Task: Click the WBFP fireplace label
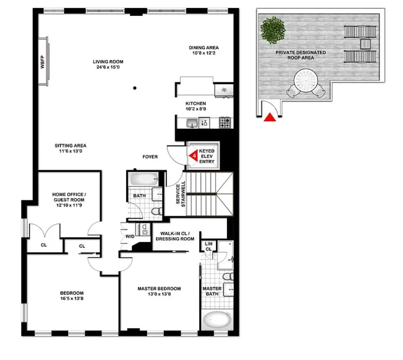pyautogui.click(x=43, y=62)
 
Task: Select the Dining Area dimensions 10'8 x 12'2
pyautogui.click(x=203, y=53)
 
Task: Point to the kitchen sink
pyautogui.click(x=192, y=123)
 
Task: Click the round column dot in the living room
pyautogui.click(x=135, y=88)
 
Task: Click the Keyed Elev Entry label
pyautogui.click(x=206, y=156)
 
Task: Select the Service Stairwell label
pyautogui.click(x=181, y=194)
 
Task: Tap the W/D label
pyautogui.click(x=130, y=236)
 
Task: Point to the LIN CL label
pyautogui.click(x=208, y=246)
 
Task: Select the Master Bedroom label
pyautogui.click(x=159, y=289)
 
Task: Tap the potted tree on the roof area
pyautogui.click(x=273, y=30)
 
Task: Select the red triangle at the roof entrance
pyautogui.click(x=270, y=117)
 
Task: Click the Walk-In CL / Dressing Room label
pyautogui.click(x=175, y=236)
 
